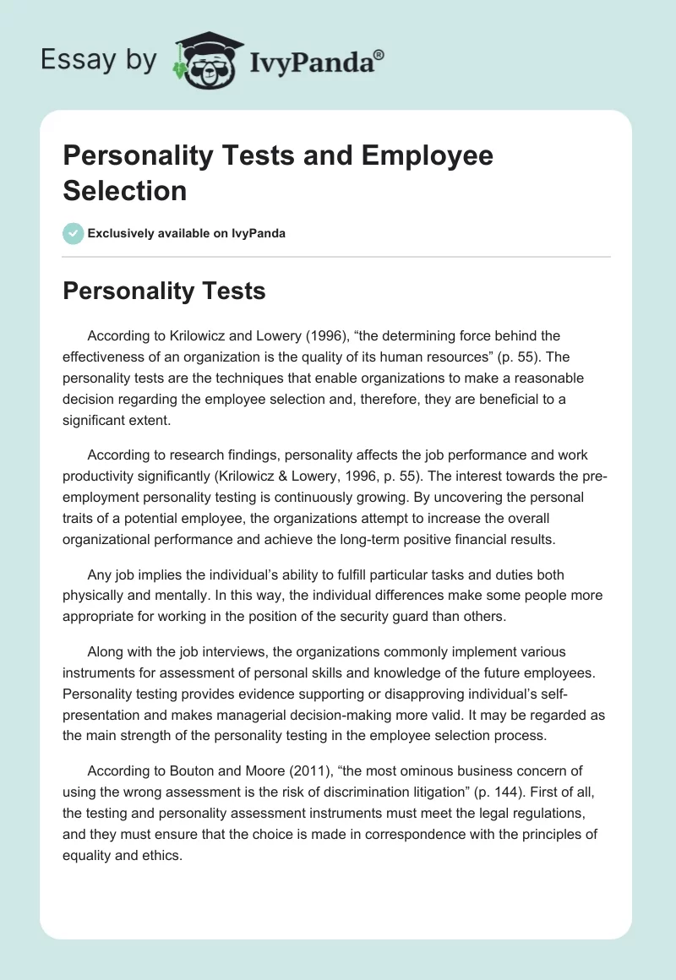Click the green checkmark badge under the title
tap(73, 233)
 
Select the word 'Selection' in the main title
tap(125, 190)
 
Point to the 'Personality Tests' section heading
tap(164, 291)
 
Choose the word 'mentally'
tap(183, 596)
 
